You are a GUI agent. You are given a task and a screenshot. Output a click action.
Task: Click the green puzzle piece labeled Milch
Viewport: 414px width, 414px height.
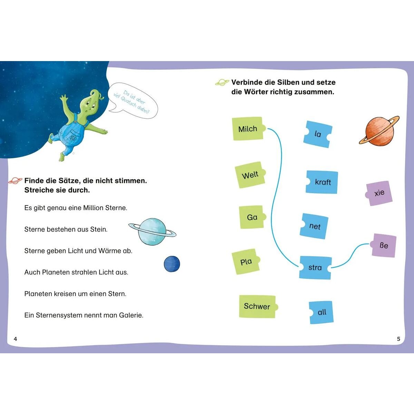click(x=248, y=129)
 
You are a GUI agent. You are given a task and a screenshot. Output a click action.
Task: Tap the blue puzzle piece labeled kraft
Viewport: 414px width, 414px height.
click(x=322, y=182)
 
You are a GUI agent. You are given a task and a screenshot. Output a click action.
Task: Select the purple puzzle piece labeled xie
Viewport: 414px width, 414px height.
click(x=379, y=193)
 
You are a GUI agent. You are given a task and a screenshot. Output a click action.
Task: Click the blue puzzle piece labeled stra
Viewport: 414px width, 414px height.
click(x=315, y=267)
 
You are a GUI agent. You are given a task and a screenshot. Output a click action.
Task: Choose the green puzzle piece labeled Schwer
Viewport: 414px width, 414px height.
click(x=258, y=306)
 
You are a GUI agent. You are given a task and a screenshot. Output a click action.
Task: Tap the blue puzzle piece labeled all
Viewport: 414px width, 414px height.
click(x=321, y=312)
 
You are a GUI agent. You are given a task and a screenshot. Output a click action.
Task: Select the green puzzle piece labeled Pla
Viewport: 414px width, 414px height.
click(x=246, y=262)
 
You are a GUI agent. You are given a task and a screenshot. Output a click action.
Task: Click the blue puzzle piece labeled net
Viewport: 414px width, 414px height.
click(x=314, y=226)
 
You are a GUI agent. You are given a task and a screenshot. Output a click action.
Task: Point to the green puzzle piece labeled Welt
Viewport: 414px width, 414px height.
click(x=250, y=175)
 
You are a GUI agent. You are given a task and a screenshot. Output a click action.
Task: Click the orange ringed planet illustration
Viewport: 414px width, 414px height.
click(x=379, y=131)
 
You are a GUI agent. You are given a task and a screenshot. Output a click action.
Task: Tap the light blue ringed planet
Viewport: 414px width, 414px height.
click(x=152, y=231)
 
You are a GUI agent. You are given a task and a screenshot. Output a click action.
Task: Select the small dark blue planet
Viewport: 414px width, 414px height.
click(x=172, y=264)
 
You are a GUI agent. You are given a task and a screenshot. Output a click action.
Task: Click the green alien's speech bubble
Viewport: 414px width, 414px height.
click(x=134, y=100)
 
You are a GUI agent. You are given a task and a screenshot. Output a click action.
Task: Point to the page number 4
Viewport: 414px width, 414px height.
click(x=15, y=339)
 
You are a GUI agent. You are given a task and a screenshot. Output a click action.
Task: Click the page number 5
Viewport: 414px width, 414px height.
click(x=398, y=339)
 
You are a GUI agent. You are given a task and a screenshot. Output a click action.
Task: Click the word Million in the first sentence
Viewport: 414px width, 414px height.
click(x=93, y=208)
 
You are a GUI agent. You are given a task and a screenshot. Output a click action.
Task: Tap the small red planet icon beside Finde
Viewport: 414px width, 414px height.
click(x=15, y=181)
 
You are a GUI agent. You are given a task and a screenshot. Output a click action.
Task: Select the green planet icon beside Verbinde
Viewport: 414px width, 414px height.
click(x=222, y=82)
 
